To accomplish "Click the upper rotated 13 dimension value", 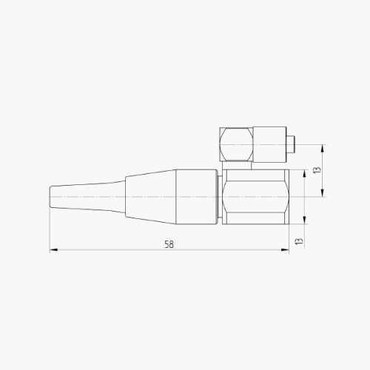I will tap(316, 169).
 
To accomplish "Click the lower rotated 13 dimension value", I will tap(299, 241).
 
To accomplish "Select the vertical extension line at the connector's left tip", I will tap(50, 229).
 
